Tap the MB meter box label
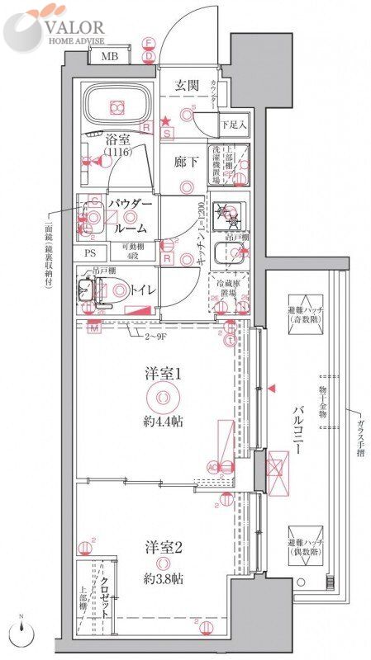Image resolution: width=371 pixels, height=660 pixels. (108, 57)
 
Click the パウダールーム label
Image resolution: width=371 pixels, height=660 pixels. (127, 214)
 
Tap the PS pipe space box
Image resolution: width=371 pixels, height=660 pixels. (91, 253)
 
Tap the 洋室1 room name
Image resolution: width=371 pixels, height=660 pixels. (163, 374)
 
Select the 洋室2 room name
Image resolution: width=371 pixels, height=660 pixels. (163, 547)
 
